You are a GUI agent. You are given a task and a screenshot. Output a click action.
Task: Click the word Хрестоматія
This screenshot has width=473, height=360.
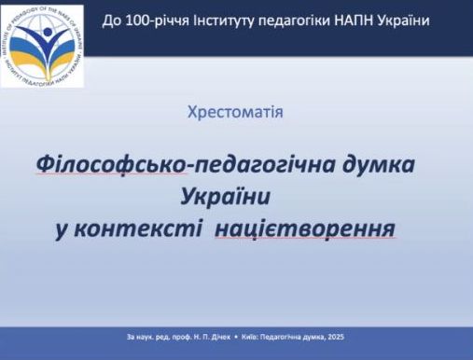point(236,113)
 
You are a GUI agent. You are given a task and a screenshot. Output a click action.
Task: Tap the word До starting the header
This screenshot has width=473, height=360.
point(110,21)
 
